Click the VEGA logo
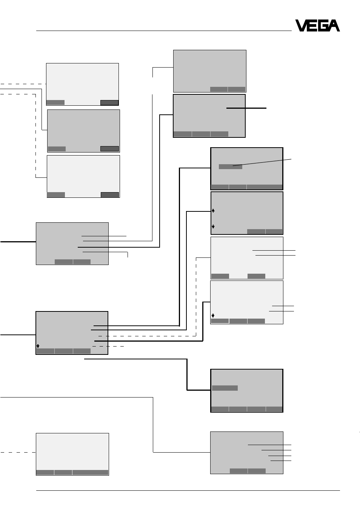click(x=317, y=25)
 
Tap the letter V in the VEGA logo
click(x=302, y=25)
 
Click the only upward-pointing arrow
click(x=213, y=211)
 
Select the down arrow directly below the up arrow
click(x=213, y=226)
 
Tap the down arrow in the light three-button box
click(x=213, y=316)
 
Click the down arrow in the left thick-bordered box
click(x=38, y=346)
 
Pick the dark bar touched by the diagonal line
click(x=230, y=166)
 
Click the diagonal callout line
click(x=262, y=162)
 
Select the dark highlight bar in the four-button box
click(x=225, y=388)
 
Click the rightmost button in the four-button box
click(x=274, y=409)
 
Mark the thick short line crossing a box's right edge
click(x=246, y=108)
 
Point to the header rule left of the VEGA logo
click(x=164, y=31)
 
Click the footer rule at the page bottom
click(x=188, y=490)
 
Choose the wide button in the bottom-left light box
click(x=90, y=472)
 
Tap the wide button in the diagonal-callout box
click(x=265, y=187)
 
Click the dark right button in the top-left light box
click(x=109, y=103)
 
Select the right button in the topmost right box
click(x=237, y=89)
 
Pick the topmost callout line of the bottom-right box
click(x=270, y=445)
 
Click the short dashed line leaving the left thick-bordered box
click(x=108, y=346)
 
